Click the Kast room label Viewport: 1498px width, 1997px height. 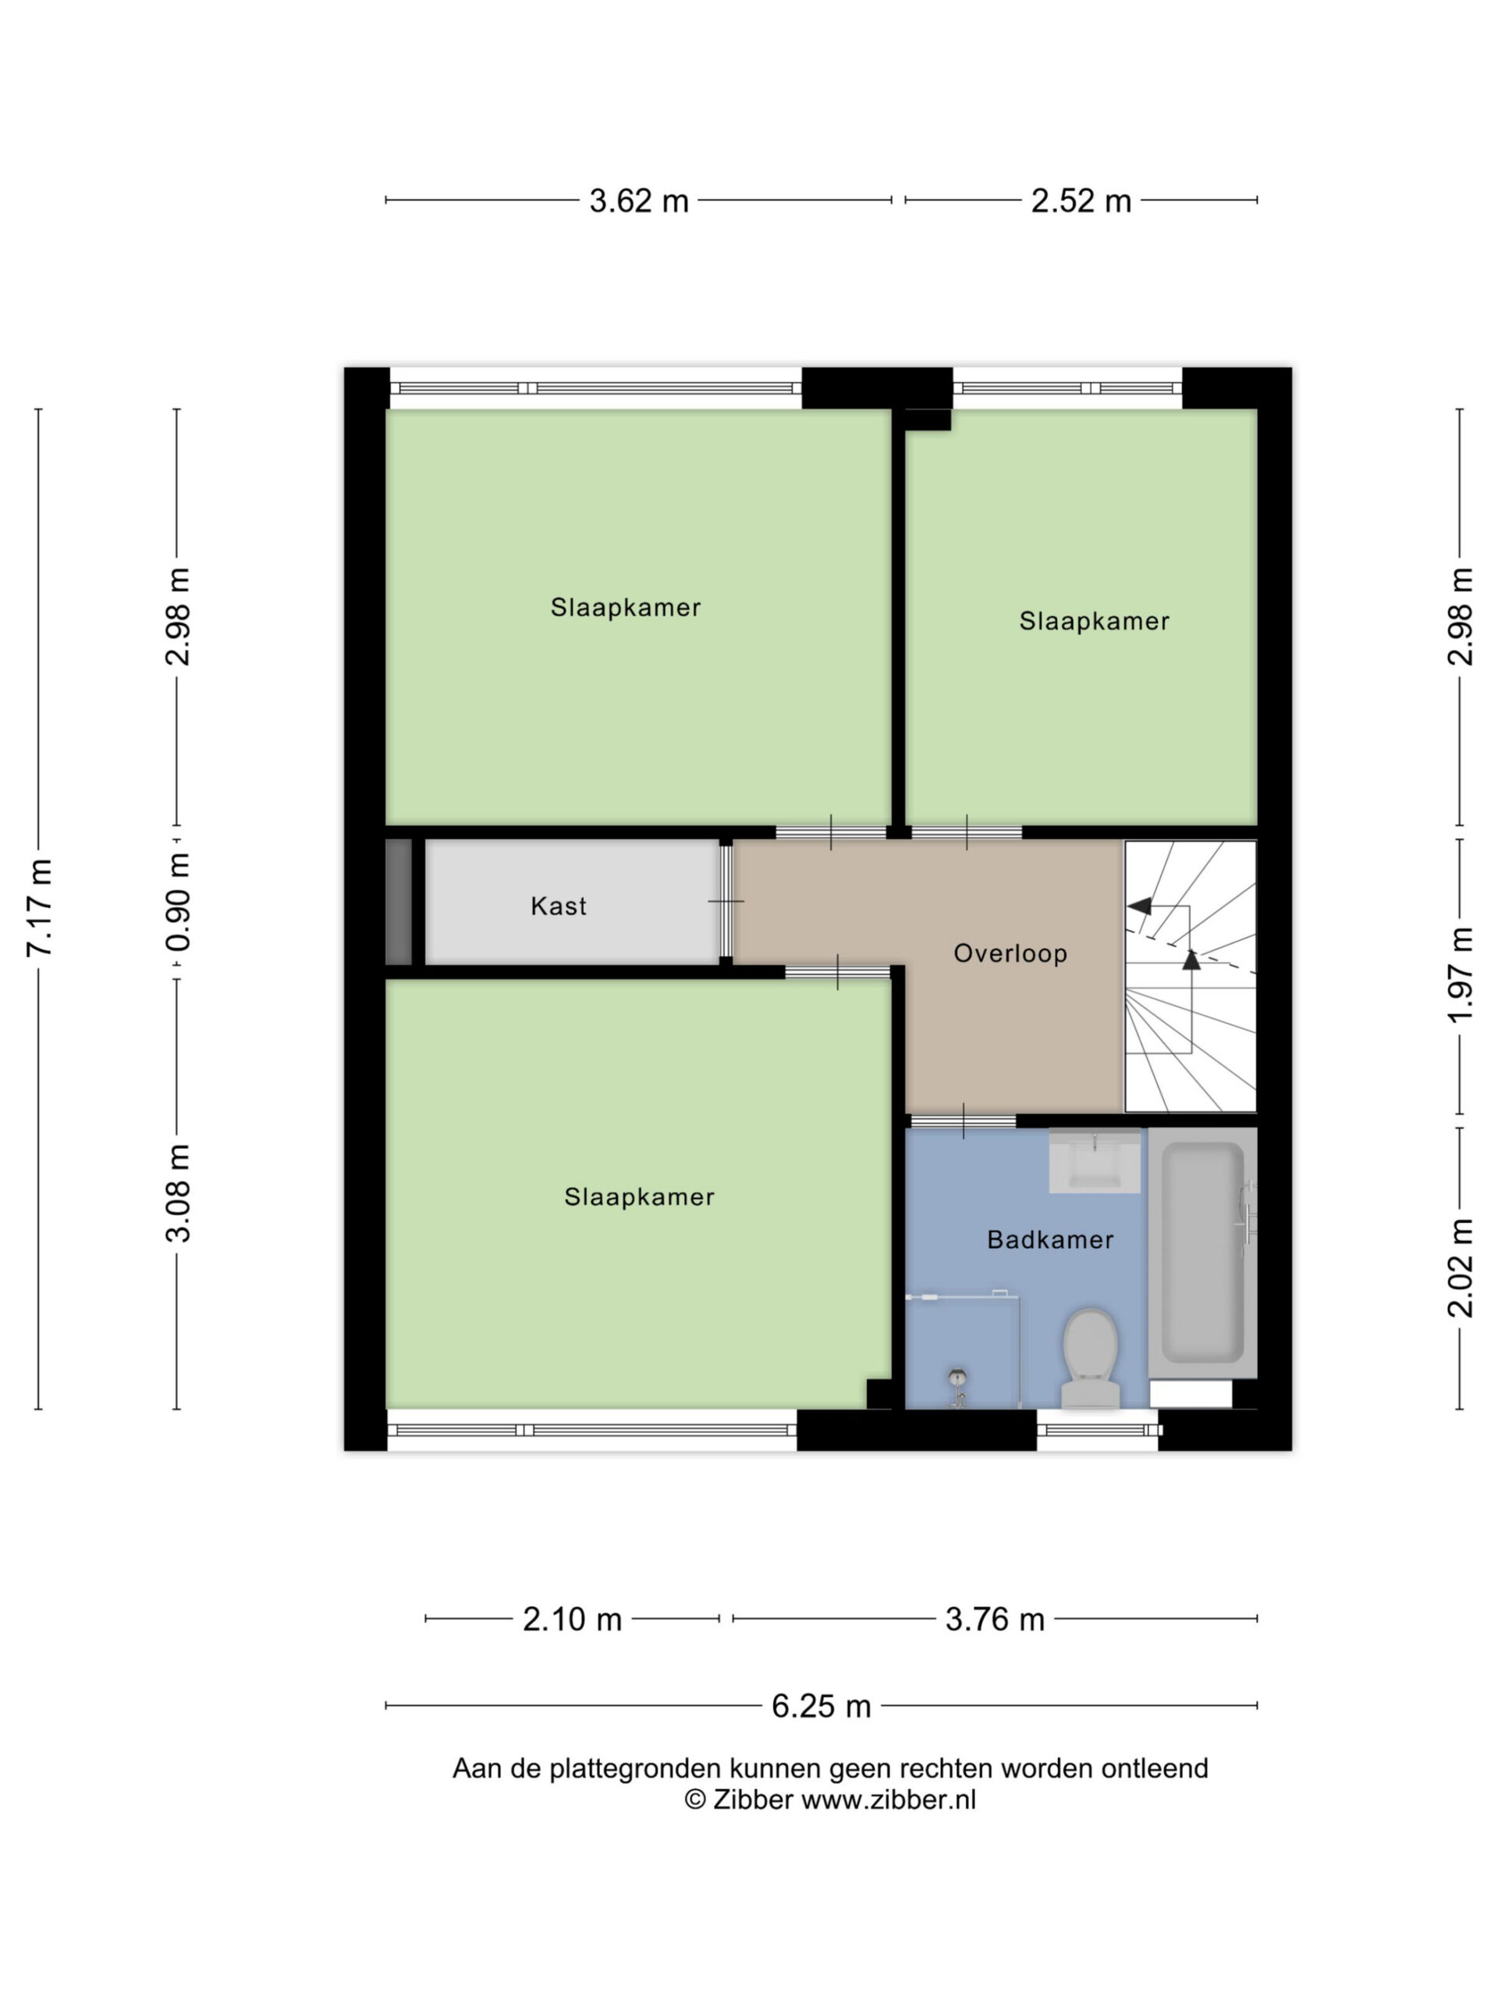[558, 906]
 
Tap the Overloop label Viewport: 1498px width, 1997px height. [1010, 953]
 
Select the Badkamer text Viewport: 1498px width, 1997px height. [1050, 1240]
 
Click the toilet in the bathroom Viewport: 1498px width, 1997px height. [1091, 1358]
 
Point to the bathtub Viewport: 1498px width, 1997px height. [1202, 1253]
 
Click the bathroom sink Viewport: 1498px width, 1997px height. [1095, 1160]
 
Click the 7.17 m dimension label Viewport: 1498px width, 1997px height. [40, 907]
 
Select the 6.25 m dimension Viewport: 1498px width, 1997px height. [821, 1705]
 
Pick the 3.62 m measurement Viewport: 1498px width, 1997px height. [638, 200]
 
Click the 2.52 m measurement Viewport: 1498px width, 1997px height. [1081, 200]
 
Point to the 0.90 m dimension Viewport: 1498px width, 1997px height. [178, 902]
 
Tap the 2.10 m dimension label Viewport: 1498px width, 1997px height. [573, 1619]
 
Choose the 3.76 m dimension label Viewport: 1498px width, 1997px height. [994, 1619]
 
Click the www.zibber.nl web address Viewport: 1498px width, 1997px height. [889, 1800]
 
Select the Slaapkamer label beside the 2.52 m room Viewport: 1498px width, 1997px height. [1095, 621]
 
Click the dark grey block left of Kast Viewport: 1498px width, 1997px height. [398, 902]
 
